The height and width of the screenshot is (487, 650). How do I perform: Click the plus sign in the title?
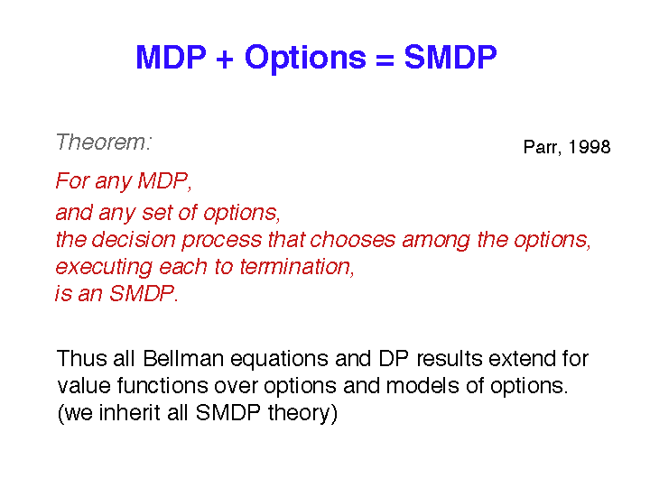coord(225,59)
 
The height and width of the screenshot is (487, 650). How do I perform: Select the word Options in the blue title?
coord(305,58)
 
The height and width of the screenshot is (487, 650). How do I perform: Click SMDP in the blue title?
coord(450,57)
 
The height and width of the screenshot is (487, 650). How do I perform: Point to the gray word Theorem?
coord(104,142)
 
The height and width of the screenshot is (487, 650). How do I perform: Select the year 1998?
coord(589,147)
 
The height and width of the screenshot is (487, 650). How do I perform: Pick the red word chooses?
coord(352,240)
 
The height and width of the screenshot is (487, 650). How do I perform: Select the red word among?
coord(436,241)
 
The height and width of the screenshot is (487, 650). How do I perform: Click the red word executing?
coord(104,267)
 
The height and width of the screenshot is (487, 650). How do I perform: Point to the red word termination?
coord(297,267)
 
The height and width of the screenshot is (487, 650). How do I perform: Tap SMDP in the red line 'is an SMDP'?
coord(144,294)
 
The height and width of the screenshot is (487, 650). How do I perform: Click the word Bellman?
coord(183,359)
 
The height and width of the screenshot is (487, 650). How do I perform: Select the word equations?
coord(279,360)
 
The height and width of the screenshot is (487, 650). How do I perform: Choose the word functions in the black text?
coord(162,386)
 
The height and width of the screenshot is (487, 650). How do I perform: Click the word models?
coord(422,386)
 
